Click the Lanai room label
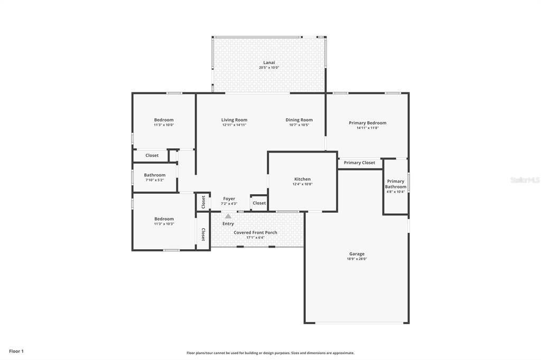[269, 62]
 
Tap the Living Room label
[234, 120]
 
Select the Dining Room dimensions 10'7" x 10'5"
[299, 125]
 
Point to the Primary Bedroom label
[368, 123]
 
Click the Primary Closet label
[359, 163]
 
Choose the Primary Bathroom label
[396, 184]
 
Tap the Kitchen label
[302, 179]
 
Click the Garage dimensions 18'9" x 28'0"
[357, 259]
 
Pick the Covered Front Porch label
[255, 232]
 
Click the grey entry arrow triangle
[228, 216]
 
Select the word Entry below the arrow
[228, 224]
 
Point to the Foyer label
[229, 198]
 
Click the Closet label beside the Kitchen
[259, 203]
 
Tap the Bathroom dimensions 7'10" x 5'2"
[155, 180]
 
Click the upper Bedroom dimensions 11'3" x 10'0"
[164, 125]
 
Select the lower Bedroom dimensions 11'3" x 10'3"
[164, 224]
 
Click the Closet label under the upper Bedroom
[152, 156]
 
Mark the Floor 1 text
[16, 352]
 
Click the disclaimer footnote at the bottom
[270, 353]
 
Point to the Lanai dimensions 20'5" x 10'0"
[269, 68]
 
